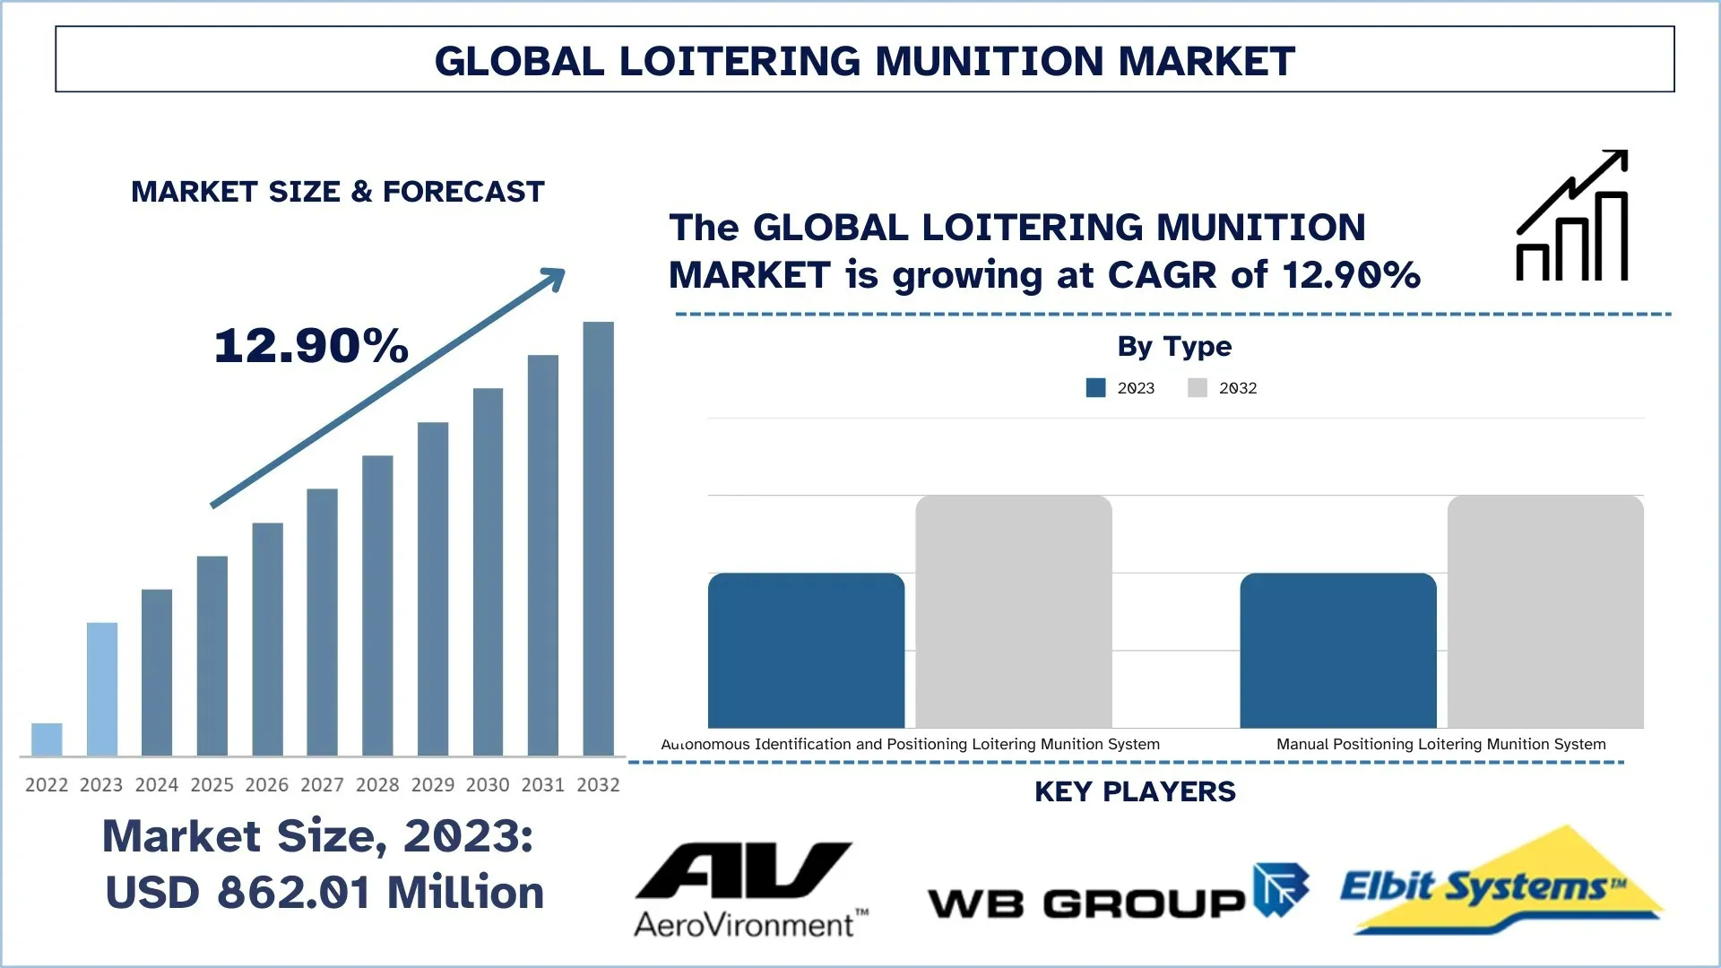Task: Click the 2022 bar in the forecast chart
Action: (x=47, y=739)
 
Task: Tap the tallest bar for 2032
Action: (x=598, y=538)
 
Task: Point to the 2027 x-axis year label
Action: (x=322, y=785)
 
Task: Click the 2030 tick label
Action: (x=488, y=785)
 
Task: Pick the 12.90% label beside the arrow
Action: (x=311, y=346)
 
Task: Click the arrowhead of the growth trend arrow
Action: (x=555, y=278)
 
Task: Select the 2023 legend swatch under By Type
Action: (x=1095, y=388)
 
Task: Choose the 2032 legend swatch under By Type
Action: (x=1198, y=388)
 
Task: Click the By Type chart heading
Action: (x=1174, y=346)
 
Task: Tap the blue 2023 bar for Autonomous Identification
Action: (x=806, y=651)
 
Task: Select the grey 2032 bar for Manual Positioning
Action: (x=1545, y=611)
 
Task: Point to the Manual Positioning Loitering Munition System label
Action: (x=1440, y=744)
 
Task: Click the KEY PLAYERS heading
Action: (x=1135, y=791)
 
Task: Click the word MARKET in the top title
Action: (x=1206, y=61)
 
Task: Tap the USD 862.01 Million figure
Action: (x=324, y=893)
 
